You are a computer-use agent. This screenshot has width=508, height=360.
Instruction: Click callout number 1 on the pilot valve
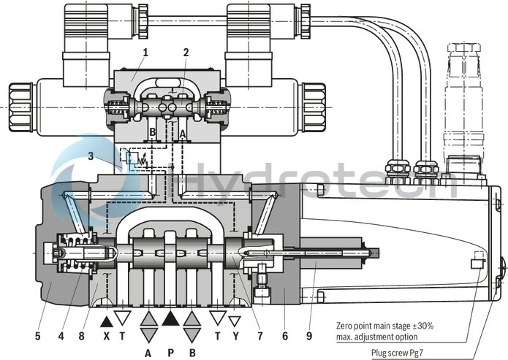point(145,52)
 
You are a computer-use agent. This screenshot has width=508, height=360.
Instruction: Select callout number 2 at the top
point(186,52)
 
